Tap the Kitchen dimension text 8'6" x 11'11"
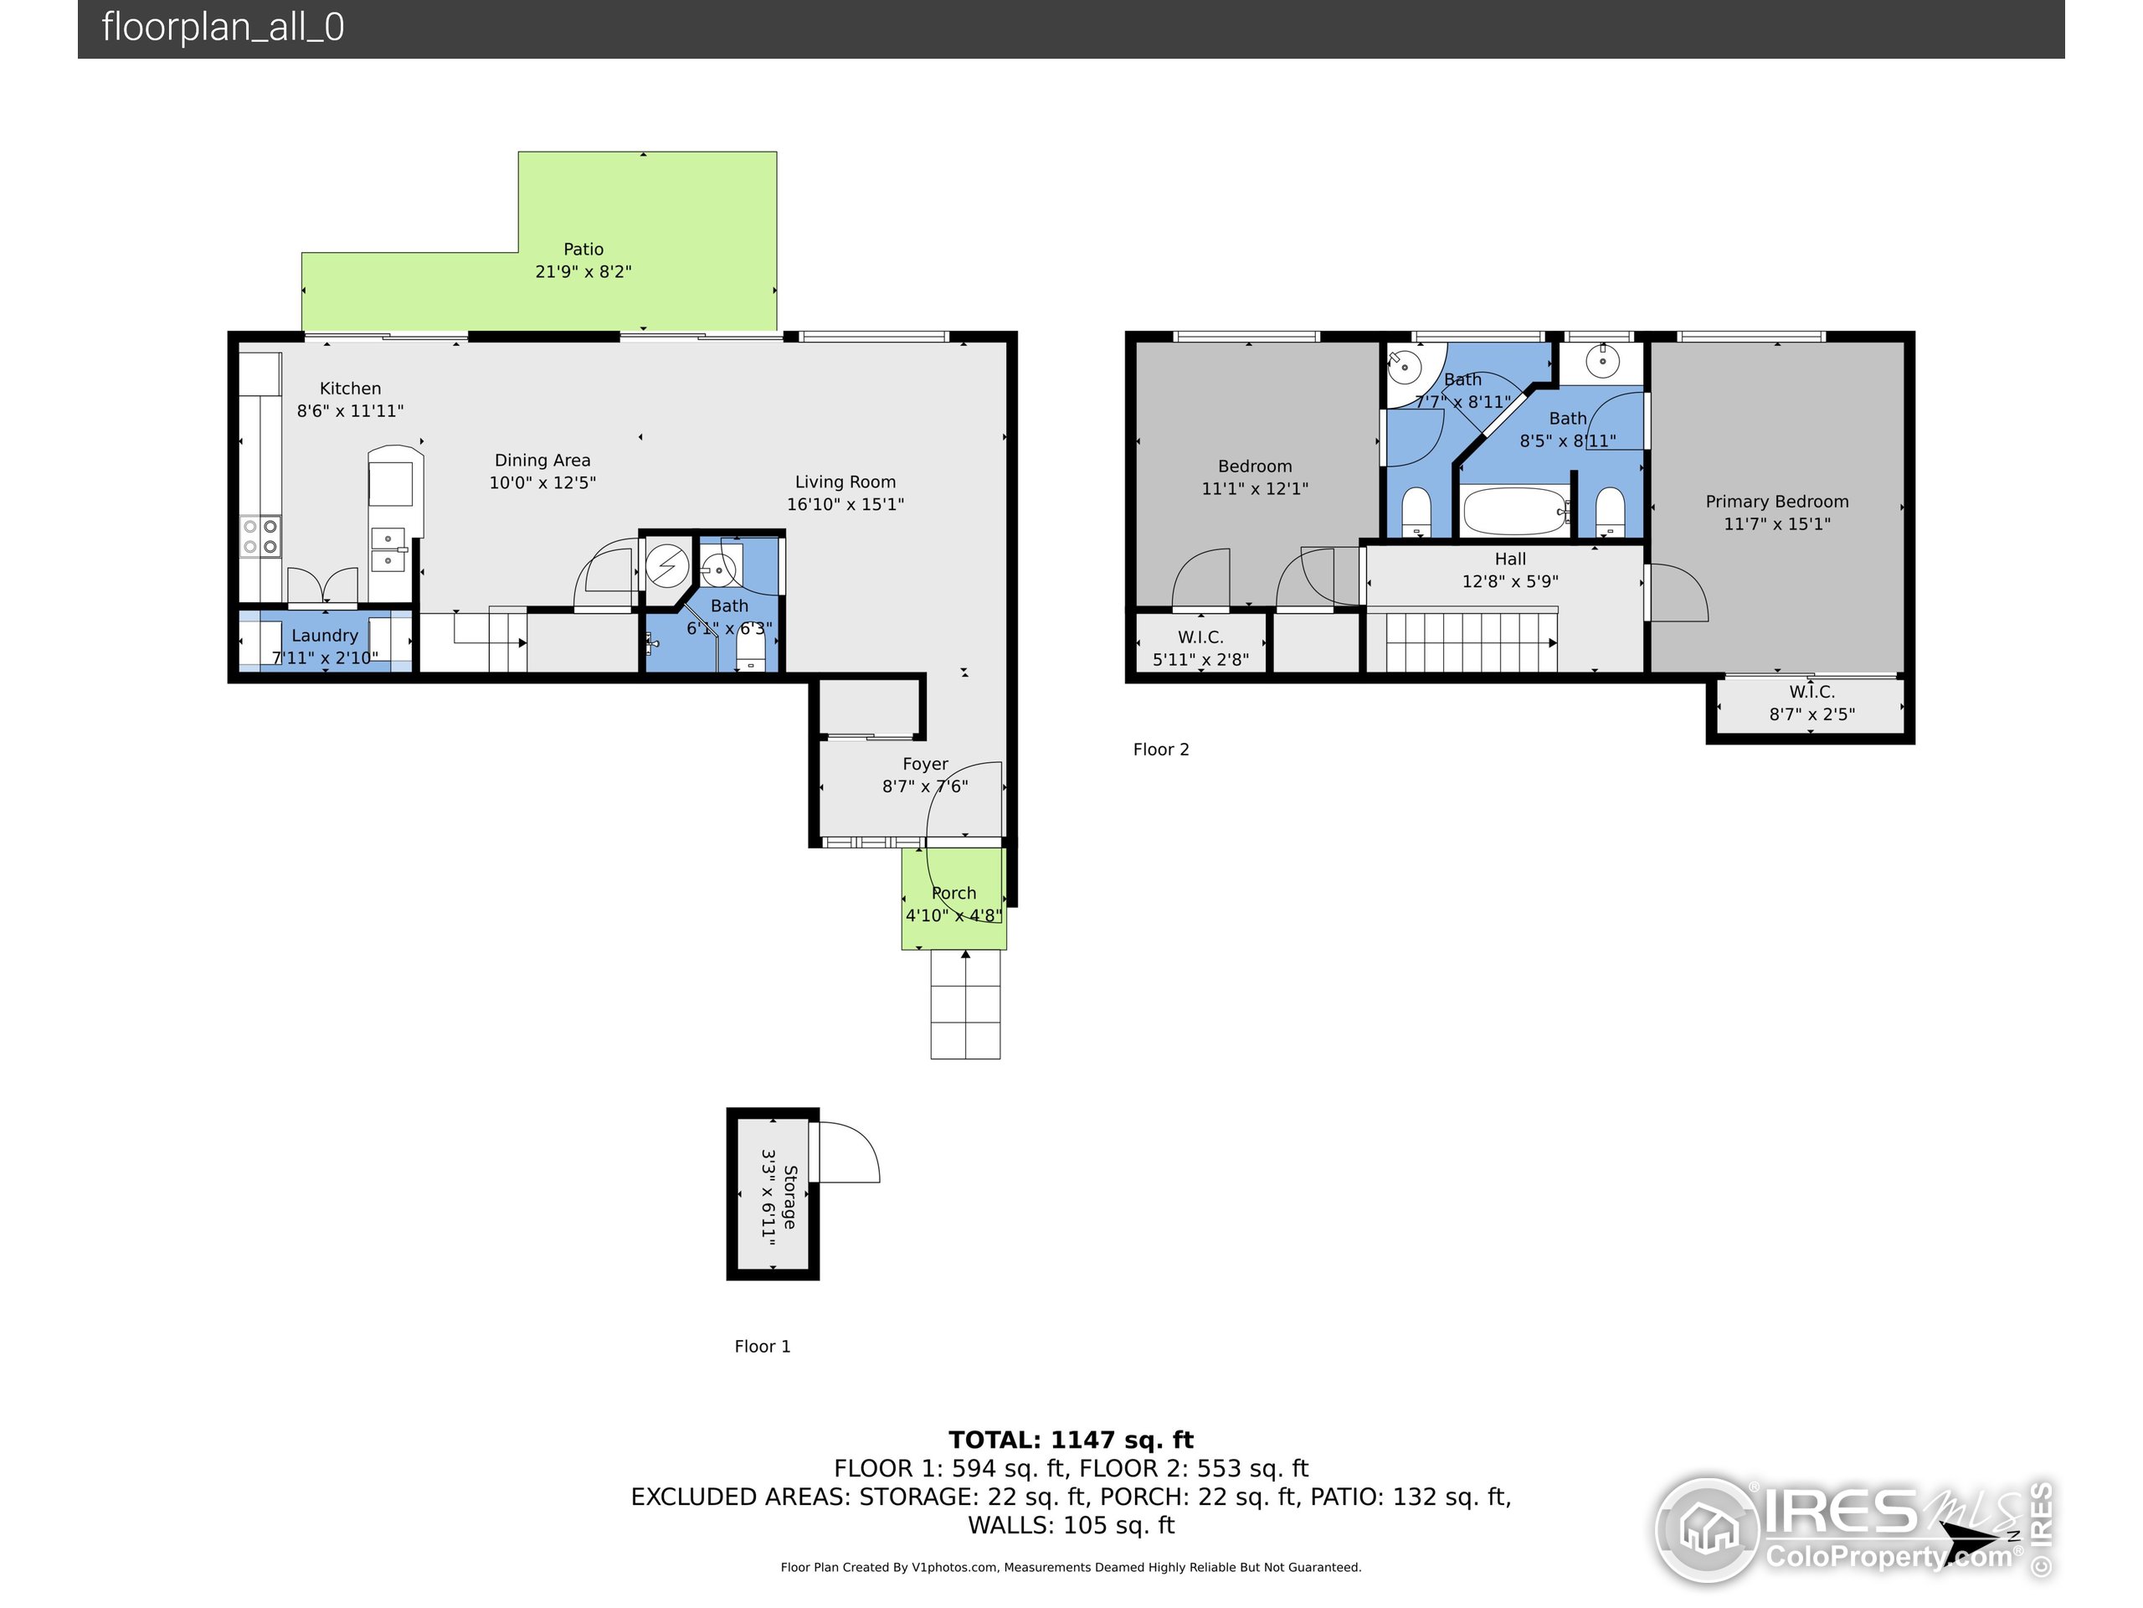350,411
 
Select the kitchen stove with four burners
260,537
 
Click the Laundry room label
325,636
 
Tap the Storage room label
789,1198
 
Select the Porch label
953,894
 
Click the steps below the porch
965,1006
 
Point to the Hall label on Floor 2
1509,559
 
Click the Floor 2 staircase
1470,641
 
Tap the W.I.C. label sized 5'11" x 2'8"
1200,638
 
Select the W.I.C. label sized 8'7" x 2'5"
1811,692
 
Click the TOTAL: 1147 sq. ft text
1071,1440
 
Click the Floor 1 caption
763,1347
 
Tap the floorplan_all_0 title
223,27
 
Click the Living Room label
845,482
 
